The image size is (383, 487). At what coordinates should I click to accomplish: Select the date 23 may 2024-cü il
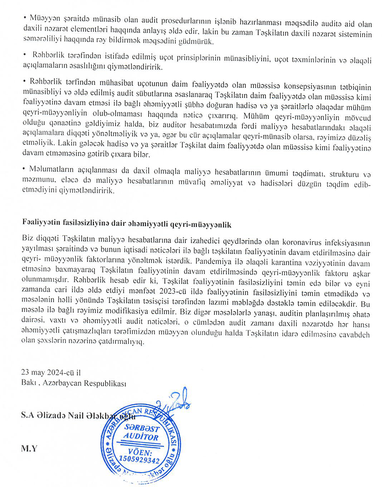pos(51,372)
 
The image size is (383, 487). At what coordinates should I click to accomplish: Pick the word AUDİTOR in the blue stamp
pos(141,437)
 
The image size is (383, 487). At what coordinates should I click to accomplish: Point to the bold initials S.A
pos(28,415)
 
